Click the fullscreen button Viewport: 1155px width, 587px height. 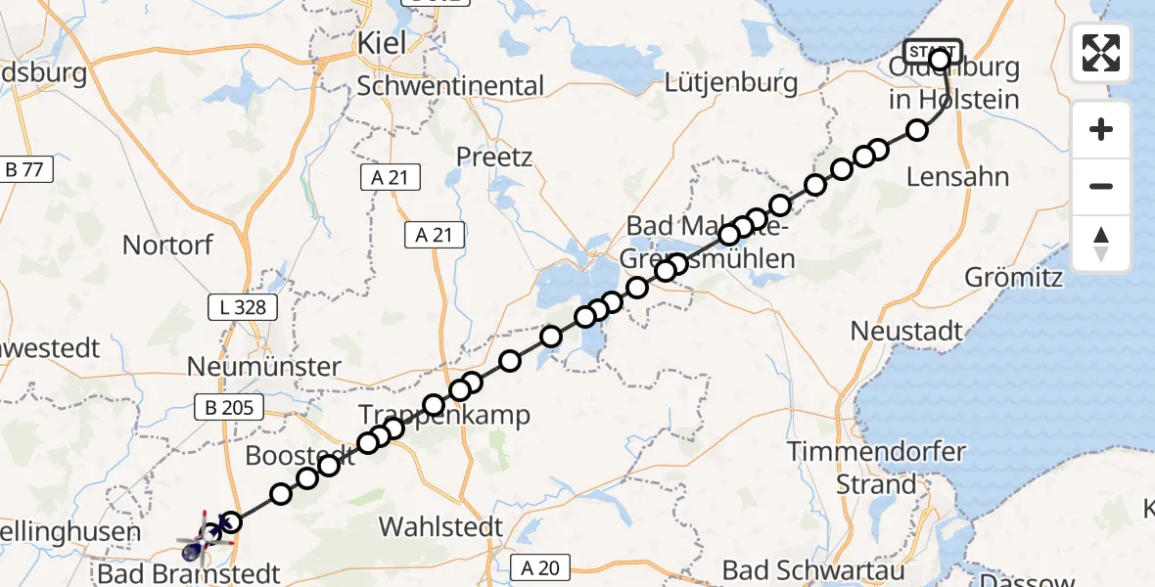tap(1101, 52)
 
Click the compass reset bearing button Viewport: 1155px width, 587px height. tap(1101, 244)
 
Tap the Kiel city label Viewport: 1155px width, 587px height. tap(381, 44)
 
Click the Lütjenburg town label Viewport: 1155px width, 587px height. tap(731, 83)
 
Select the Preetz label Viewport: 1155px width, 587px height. tap(494, 157)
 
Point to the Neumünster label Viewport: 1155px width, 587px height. tap(265, 367)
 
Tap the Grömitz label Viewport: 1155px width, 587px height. tap(1014, 277)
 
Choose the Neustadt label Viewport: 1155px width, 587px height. tap(906, 331)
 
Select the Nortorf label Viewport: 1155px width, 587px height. tap(169, 244)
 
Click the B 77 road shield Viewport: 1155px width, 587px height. tap(24, 169)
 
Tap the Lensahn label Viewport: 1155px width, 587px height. tap(957, 177)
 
